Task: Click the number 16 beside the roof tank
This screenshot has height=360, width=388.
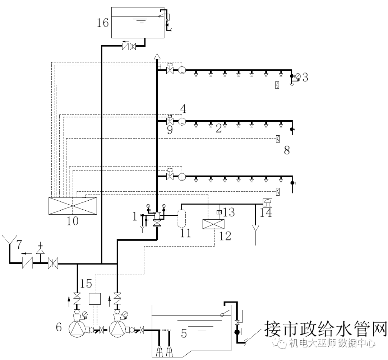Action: [103, 23]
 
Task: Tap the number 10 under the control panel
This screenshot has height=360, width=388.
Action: [73, 221]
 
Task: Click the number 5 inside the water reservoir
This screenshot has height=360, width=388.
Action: [184, 333]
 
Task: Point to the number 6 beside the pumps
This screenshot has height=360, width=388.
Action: [59, 327]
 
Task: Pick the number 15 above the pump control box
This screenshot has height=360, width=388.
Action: [87, 284]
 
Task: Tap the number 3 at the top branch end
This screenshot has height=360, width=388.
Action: [305, 77]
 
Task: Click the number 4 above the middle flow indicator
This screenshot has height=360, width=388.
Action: [183, 108]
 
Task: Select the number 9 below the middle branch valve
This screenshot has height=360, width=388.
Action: [170, 130]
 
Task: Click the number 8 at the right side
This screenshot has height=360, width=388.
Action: [287, 150]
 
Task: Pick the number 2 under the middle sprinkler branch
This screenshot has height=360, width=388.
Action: [218, 129]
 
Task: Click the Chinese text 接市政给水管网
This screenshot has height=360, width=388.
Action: [325, 328]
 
